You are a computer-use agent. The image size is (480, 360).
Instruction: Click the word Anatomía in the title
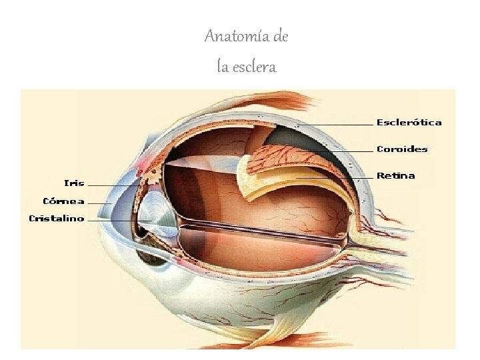click(233, 36)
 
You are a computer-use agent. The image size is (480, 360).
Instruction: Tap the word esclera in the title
click(254, 67)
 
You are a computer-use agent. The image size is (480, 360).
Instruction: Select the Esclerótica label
click(409, 123)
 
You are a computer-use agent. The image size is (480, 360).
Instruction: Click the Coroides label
click(402, 149)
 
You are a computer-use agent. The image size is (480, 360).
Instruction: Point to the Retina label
click(395, 176)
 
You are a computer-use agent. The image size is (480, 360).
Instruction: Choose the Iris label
click(74, 183)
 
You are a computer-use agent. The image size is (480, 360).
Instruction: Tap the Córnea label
click(63, 201)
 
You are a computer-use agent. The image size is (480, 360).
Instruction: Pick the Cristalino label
click(57, 218)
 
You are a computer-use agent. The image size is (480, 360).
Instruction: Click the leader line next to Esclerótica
click(347, 125)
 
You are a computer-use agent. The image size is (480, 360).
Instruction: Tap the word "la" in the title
click(223, 67)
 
